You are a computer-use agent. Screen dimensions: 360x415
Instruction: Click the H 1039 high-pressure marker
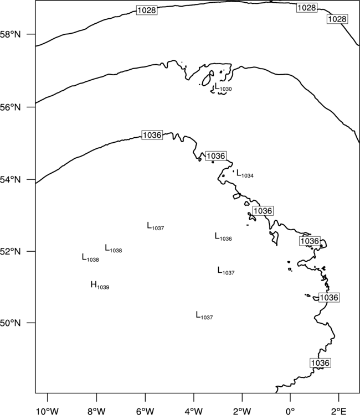pos(100,286)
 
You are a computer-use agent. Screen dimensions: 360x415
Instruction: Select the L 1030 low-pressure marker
pos(223,87)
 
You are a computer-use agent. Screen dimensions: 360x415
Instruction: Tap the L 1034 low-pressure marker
pos(245,174)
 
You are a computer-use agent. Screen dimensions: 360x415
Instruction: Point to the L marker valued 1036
pos(223,237)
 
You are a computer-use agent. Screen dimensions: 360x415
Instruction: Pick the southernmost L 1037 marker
pos(204,315)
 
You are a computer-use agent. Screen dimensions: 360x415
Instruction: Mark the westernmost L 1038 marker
pos(90,258)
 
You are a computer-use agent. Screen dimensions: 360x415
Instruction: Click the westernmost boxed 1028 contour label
pos(147,11)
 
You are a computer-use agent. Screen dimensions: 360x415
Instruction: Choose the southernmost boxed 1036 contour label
pos(320,363)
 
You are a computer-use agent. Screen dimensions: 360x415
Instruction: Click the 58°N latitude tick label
pos(11,34)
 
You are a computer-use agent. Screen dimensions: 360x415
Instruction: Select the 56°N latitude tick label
pos(11,107)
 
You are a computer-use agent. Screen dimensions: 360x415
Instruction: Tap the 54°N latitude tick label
pos(11,180)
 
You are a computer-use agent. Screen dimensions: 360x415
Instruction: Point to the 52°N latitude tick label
pos(11,251)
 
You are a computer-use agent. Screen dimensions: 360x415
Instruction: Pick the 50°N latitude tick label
pos(11,323)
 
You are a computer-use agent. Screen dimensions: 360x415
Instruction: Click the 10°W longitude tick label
pos(48,411)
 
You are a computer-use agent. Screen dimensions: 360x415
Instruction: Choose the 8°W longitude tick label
pos(96,411)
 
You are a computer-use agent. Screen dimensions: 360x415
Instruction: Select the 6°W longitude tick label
pos(145,411)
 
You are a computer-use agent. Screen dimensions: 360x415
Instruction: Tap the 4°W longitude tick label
pos(194,411)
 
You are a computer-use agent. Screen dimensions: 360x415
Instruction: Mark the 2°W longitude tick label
pos(242,411)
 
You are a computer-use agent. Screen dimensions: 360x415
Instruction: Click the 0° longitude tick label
pos(290,411)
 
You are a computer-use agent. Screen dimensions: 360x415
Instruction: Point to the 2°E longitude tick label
pos(339,411)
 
